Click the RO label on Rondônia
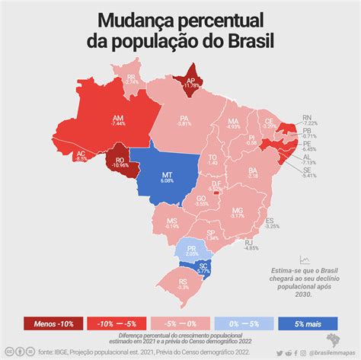[x=119, y=161]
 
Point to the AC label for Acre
[x=81, y=154]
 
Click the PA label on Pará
[x=184, y=118]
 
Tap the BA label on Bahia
[x=253, y=170]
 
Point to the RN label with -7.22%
[x=307, y=118]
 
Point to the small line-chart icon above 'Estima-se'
[x=305, y=260]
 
